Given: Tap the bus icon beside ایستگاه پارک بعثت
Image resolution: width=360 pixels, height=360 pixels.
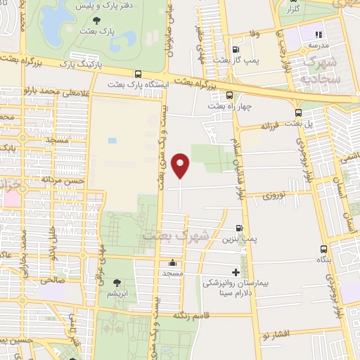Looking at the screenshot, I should coord(138,74).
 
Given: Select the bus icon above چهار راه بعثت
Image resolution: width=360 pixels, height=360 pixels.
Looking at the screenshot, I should coord(229,95).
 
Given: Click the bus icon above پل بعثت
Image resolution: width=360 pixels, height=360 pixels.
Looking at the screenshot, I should coord(299,112).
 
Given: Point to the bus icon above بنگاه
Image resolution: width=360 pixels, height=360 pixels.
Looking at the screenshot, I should coord(323,249).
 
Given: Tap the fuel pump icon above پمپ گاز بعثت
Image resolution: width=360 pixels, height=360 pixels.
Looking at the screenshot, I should coord(235,49).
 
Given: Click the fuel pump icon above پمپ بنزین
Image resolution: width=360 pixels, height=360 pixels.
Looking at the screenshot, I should coord(240,228).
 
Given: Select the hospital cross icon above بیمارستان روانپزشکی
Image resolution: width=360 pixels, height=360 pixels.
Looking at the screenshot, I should coord(236,271).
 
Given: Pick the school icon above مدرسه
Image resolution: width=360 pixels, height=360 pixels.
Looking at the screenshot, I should coord(319,34).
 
